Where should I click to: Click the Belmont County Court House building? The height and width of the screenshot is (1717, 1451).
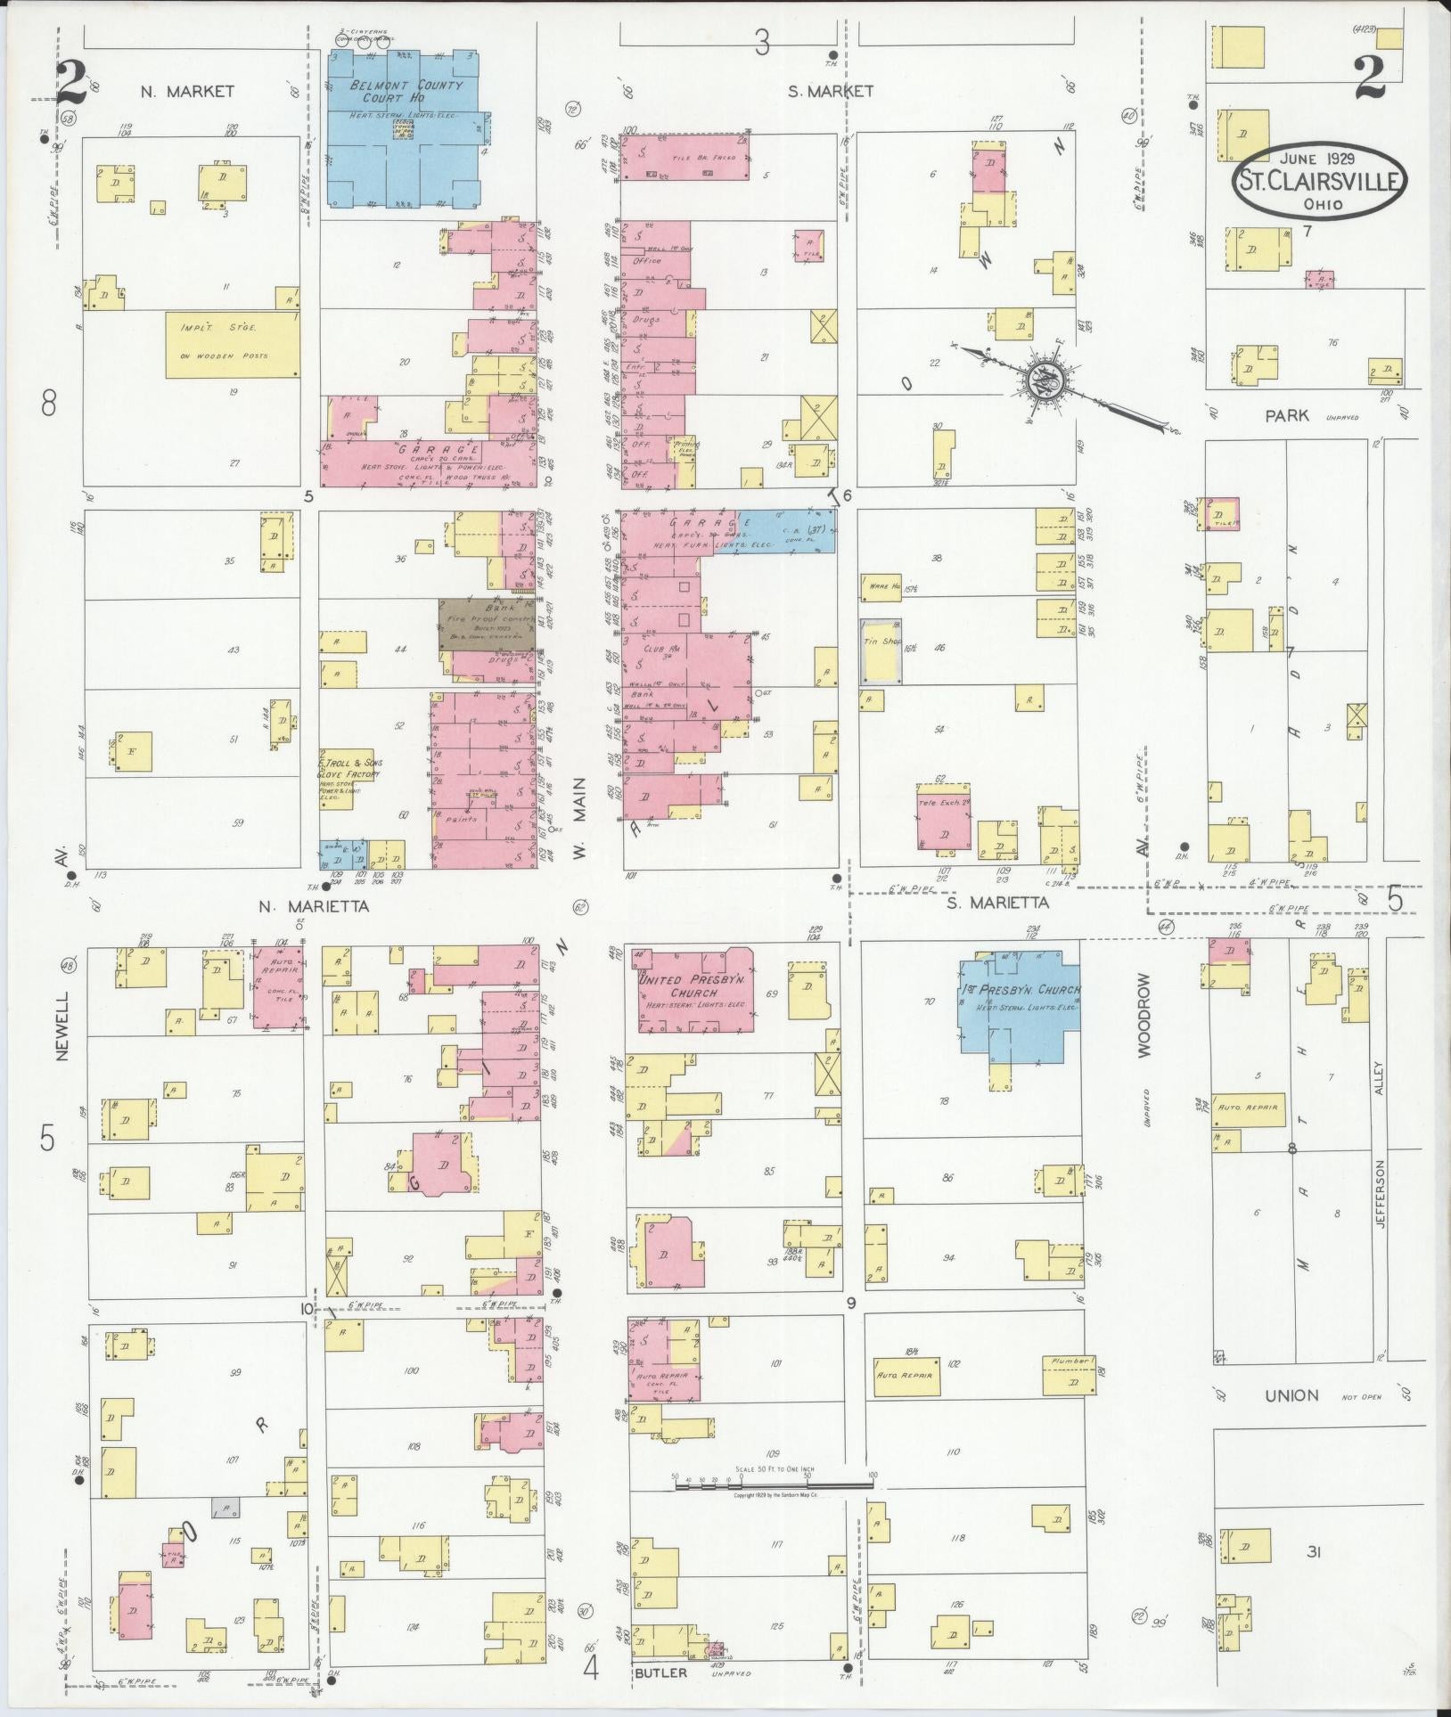coord(406,129)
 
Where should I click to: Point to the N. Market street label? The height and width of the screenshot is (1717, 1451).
coord(187,91)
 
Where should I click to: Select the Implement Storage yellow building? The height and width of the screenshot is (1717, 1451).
coord(232,344)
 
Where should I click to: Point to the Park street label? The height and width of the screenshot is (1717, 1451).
coord(1286,415)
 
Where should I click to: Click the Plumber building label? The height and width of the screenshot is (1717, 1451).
coord(1070,1361)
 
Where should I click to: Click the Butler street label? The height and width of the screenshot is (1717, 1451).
coord(660,1672)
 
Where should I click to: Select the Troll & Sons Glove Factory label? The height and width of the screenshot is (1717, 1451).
coord(350,769)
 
